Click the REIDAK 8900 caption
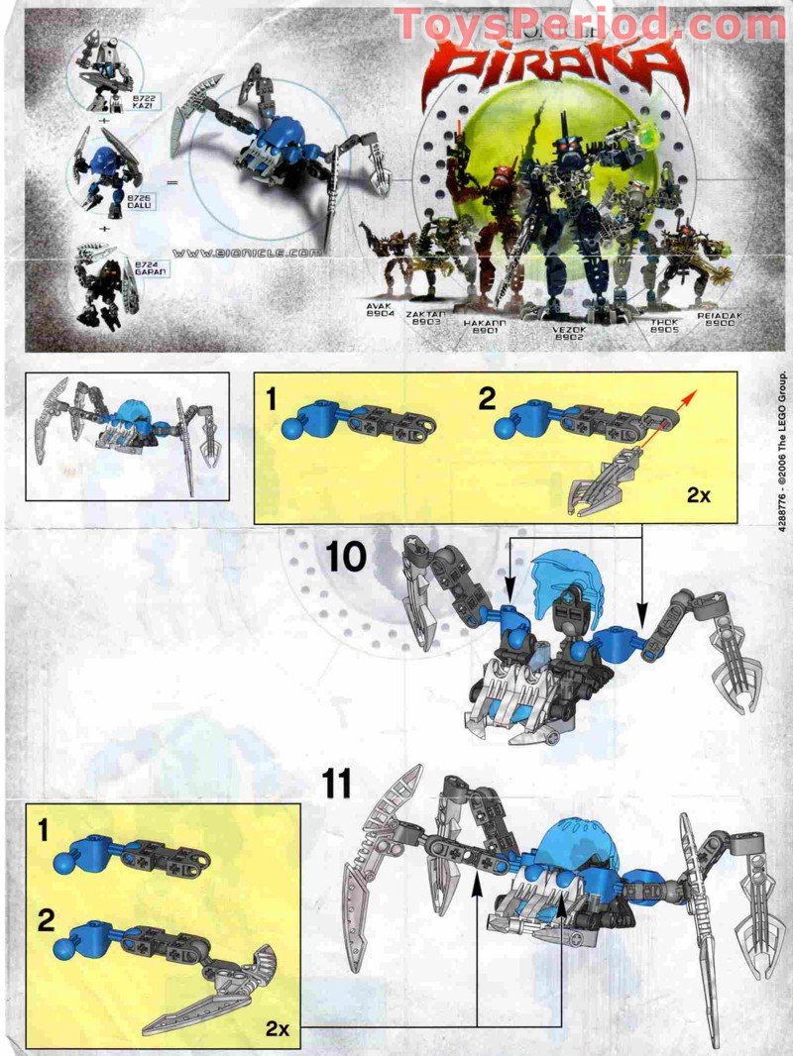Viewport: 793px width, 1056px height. (719, 319)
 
